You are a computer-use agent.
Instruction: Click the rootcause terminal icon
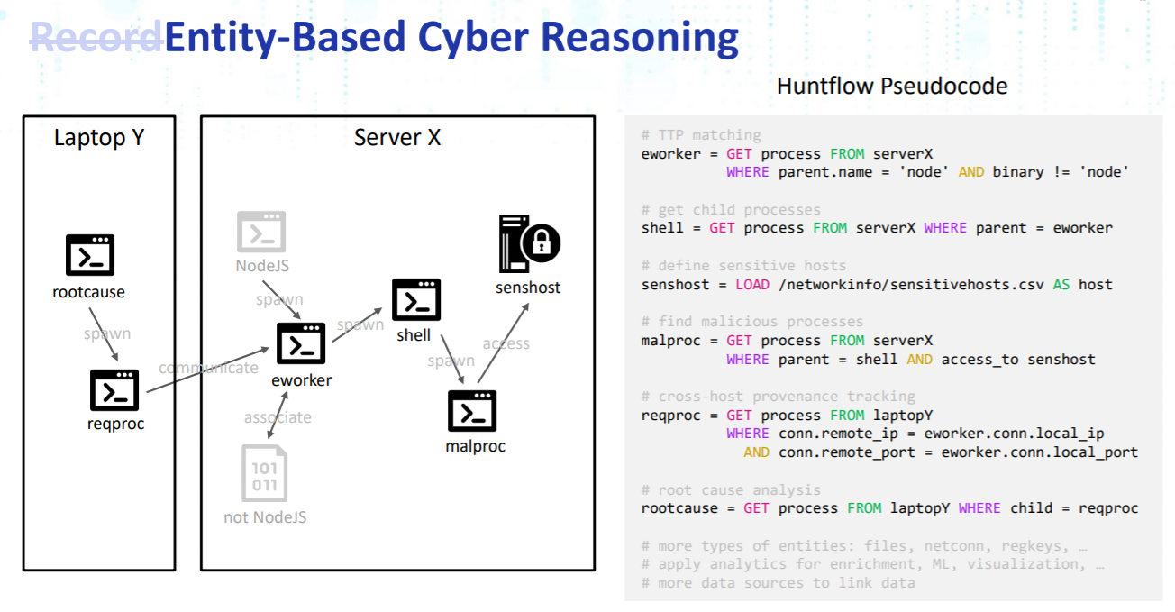90,255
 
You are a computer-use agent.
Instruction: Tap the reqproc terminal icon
114,390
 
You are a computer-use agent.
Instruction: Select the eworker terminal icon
300,343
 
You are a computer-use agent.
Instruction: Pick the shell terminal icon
416,299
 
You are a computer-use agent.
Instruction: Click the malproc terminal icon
472,411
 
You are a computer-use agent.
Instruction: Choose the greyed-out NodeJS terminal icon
261,232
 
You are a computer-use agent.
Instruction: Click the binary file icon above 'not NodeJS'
264,472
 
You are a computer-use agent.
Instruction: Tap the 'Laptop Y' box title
99,137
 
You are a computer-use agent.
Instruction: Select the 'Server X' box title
397,137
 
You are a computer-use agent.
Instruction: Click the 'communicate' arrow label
208,368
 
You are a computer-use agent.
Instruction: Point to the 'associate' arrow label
278,417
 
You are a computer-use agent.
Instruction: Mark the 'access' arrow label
506,343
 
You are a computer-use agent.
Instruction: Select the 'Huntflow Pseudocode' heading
892,87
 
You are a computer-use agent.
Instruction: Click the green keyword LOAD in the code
751,284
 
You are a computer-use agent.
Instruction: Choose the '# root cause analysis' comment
731,489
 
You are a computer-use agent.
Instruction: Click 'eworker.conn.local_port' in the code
1039,452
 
